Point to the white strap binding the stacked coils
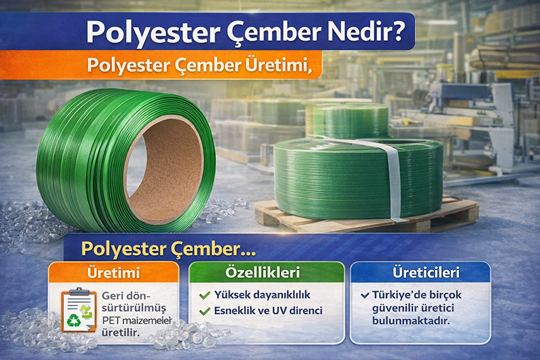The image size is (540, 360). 393,178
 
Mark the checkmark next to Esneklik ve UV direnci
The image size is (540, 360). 204,312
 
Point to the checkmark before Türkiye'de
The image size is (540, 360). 364,296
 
